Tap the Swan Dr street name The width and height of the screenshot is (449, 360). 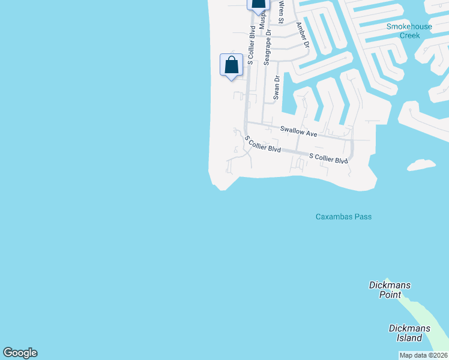coord(277,87)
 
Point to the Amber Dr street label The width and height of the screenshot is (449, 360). coord(302,35)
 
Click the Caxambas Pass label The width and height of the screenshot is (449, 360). coord(343,217)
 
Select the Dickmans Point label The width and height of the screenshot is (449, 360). coord(390,290)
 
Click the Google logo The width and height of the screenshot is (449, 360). coord(20,353)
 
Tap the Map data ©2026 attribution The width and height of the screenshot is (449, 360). coord(424,355)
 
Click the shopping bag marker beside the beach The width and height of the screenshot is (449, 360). coord(231,65)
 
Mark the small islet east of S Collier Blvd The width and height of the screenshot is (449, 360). coord(421,164)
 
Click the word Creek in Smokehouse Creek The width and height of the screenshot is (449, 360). coord(410,35)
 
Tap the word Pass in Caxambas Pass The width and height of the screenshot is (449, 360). coord(362,217)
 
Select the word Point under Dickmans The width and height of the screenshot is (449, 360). coord(390,294)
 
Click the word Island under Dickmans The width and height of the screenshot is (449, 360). coord(409,337)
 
